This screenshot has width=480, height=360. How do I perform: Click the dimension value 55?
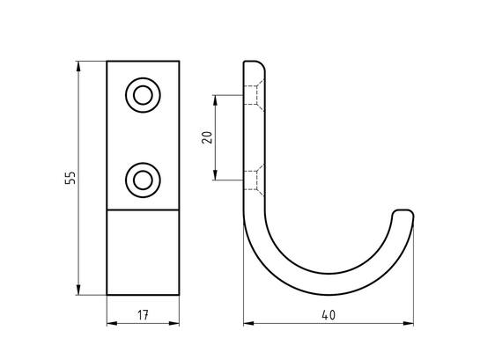[x=70, y=178]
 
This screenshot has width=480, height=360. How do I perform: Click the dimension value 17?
[x=143, y=315]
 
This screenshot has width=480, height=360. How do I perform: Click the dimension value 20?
[x=207, y=137]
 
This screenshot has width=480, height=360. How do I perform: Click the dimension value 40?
[x=329, y=315]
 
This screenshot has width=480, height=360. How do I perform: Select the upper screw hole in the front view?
[x=143, y=95]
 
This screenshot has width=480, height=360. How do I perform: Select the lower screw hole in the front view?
[x=143, y=180]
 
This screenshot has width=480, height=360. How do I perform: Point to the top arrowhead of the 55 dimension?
[x=78, y=66]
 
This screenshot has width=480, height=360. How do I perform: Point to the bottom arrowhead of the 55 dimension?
[x=78, y=290]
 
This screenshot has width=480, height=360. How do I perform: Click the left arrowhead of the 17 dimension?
[x=112, y=323]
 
